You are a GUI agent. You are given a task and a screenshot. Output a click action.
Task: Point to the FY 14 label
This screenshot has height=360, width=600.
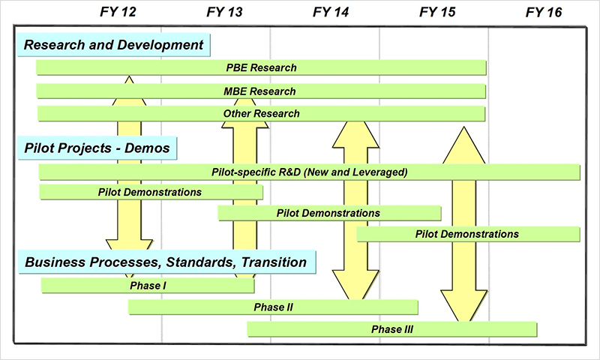click(330, 12)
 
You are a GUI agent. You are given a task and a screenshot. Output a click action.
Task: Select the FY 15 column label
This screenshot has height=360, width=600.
click(438, 12)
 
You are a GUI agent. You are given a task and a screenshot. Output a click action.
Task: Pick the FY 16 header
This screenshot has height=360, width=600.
click(544, 12)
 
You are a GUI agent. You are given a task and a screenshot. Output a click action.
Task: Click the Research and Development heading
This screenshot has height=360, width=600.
click(114, 45)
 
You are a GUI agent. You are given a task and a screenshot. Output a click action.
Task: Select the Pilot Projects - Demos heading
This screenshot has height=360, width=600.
click(97, 148)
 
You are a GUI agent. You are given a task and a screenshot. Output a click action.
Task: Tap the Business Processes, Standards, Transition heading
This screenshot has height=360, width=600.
click(166, 262)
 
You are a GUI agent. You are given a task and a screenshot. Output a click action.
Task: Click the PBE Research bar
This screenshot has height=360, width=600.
click(261, 67)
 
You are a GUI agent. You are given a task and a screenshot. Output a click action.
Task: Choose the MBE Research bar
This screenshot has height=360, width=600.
click(261, 91)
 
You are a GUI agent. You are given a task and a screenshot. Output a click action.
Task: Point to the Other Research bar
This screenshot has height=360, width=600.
click(261, 114)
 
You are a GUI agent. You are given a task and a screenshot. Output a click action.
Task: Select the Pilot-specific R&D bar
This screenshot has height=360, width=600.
click(309, 172)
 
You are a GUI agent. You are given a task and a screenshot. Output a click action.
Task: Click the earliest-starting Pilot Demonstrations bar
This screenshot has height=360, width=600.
click(150, 192)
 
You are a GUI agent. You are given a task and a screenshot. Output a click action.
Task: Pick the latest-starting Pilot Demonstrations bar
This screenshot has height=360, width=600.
click(467, 234)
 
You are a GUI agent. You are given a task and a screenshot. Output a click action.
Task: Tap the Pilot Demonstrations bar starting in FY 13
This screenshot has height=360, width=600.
click(328, 213)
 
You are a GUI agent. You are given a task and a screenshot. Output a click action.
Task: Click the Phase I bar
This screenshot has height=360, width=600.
click(148, 285)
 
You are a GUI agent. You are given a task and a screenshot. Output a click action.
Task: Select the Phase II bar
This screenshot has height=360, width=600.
click(273, 307)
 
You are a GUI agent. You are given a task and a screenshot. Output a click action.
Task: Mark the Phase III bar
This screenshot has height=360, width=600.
click(391, 328)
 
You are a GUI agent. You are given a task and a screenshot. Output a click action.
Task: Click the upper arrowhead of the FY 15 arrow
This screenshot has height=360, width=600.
click(464, 142)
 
